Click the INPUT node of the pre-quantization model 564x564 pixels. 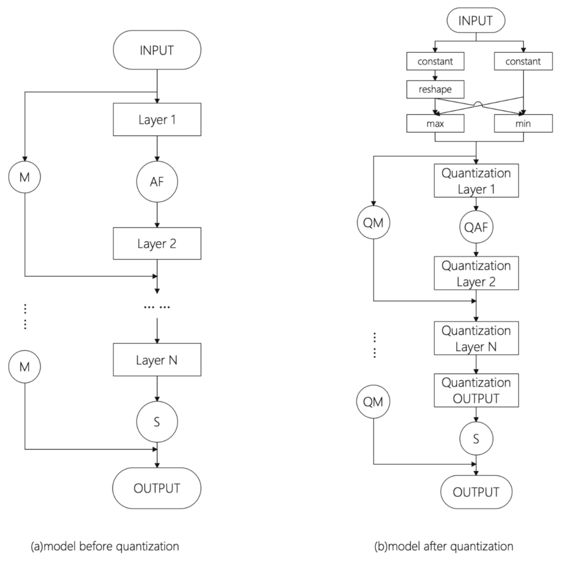click(x=157, y=50)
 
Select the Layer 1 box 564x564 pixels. click(x=157, y=120)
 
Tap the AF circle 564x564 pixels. click(x=157, y=182)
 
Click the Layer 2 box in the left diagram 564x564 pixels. click(x=157, y=244)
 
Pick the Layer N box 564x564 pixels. click(x=157, y=360)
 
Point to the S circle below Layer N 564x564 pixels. click(x=157, y=422)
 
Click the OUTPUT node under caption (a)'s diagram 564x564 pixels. click(x=157, y=488)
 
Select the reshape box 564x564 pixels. click(x=435, y=89)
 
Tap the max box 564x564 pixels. click(x=435, y=123)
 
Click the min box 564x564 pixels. click(x=523, y=123)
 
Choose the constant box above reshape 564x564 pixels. click(x=435, y=61)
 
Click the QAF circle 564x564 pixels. click(x=476, y=227)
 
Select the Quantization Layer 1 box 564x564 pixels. click(x=476, y=181)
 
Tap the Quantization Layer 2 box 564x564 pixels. click(x=476, y=273)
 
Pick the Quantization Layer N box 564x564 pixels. click(x=476, y=338)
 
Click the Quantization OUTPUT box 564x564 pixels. click(x=476, y=390)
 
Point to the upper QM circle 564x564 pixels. click(x=373, y=222)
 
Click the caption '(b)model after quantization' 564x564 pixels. click(x=444, y=546)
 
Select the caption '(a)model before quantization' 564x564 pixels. click(x=105, y=546)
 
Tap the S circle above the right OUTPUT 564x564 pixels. click(x=476, y=439)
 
